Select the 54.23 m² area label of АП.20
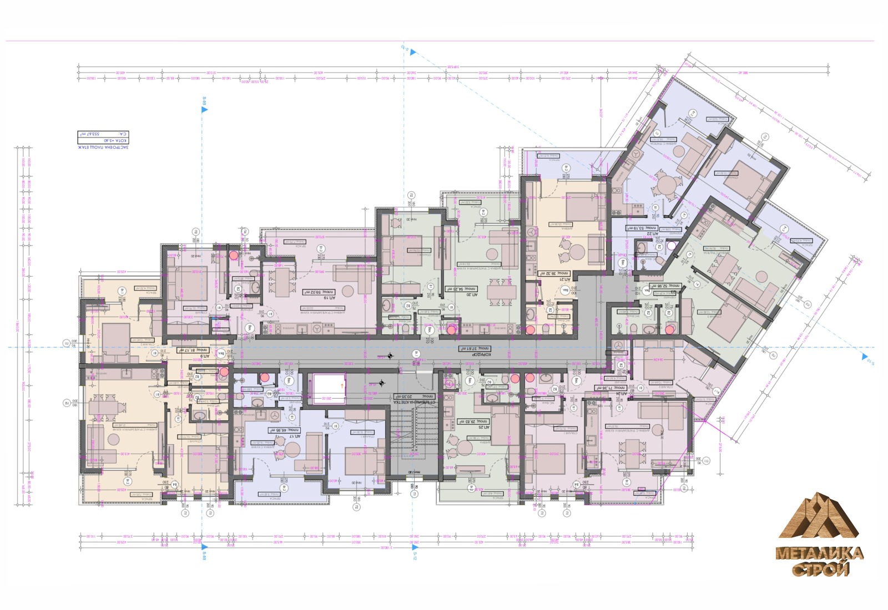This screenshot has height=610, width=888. coord(461,289)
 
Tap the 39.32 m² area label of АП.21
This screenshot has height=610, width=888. coord(554,273)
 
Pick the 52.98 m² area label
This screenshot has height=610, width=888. coord(665,286)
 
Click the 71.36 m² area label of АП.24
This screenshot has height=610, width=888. coord(610,388)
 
